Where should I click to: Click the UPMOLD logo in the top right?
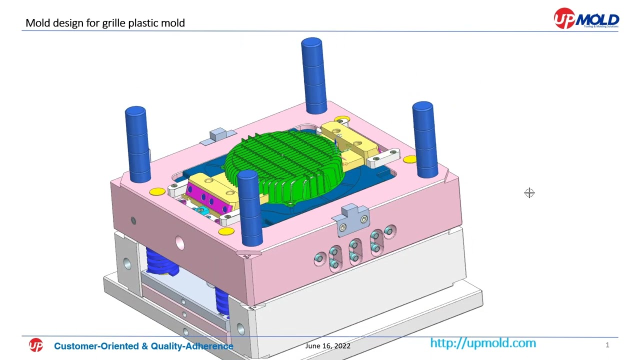[586, 18]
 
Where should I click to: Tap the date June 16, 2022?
[327, 346]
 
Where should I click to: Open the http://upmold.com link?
[482, 343]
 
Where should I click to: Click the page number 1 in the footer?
[607, 345]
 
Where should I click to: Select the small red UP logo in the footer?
[36, 345]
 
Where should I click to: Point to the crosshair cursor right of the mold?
[529, 193]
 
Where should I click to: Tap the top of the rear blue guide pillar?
[311, 43]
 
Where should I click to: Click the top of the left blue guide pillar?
[135, 111]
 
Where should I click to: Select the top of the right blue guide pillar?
[423, 107]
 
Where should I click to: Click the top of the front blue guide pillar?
[248, 175]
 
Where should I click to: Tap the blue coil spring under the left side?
[162, 262]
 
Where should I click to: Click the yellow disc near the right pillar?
[409, 160]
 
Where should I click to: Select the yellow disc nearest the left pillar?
[157, 192]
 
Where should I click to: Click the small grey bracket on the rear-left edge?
[218, 134]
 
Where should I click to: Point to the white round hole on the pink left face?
[179, 243]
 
